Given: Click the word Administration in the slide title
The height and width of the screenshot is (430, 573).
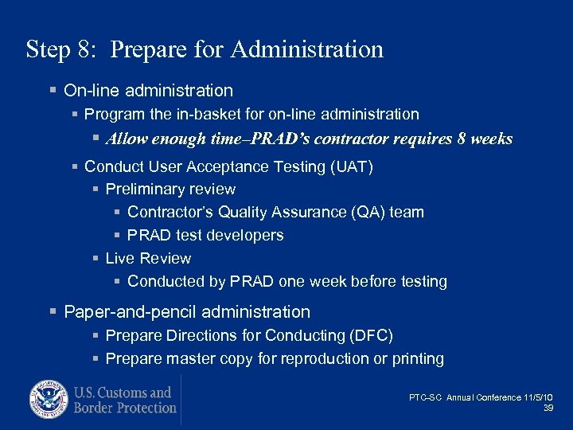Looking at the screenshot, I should (x=307, y=49).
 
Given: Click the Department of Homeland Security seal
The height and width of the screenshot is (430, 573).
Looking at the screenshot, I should (x=49, y=401).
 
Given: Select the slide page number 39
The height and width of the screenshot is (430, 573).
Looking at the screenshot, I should (x=548, y=408).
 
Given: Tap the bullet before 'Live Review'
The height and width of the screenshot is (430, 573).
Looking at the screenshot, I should (x=95, y=259).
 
